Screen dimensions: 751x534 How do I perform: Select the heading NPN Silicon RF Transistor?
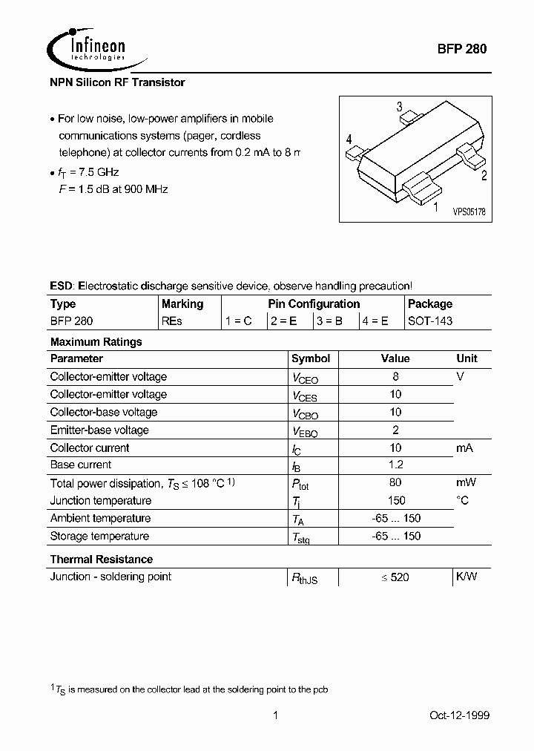[117, 82]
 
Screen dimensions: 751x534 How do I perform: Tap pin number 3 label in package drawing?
[399, 106]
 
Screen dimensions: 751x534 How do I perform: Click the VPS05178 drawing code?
[469, 211]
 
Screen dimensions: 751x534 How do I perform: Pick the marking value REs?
[171, 321]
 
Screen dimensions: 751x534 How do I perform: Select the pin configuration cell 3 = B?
[330, 321]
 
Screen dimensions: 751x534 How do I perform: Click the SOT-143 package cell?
[430, 321]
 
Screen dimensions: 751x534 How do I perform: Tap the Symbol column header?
[311, 358]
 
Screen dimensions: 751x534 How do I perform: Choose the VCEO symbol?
[305, 378]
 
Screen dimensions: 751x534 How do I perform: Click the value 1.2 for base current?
[395, 465]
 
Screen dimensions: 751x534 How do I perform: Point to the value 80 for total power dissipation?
[395, 482]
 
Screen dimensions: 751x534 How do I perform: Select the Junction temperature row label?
[100, 500]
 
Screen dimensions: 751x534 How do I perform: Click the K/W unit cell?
[467, 577]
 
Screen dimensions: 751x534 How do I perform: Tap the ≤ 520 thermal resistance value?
[395, 577]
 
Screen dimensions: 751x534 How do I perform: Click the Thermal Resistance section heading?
[101, 559]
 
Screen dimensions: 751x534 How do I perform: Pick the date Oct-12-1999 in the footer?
[459, 715]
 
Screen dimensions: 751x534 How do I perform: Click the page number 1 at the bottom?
[275, 715]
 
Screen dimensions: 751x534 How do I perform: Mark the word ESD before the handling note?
[62, 286]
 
